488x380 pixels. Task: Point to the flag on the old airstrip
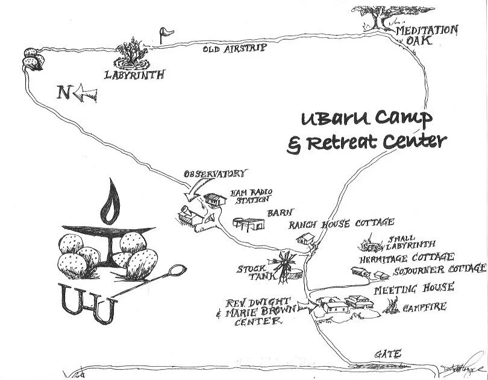click(163, 33)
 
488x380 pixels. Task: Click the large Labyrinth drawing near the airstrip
click(133, 55)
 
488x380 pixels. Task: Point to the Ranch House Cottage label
click(342, 224)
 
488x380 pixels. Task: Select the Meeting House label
click(414, 288)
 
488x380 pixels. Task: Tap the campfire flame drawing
click(395, 308)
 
